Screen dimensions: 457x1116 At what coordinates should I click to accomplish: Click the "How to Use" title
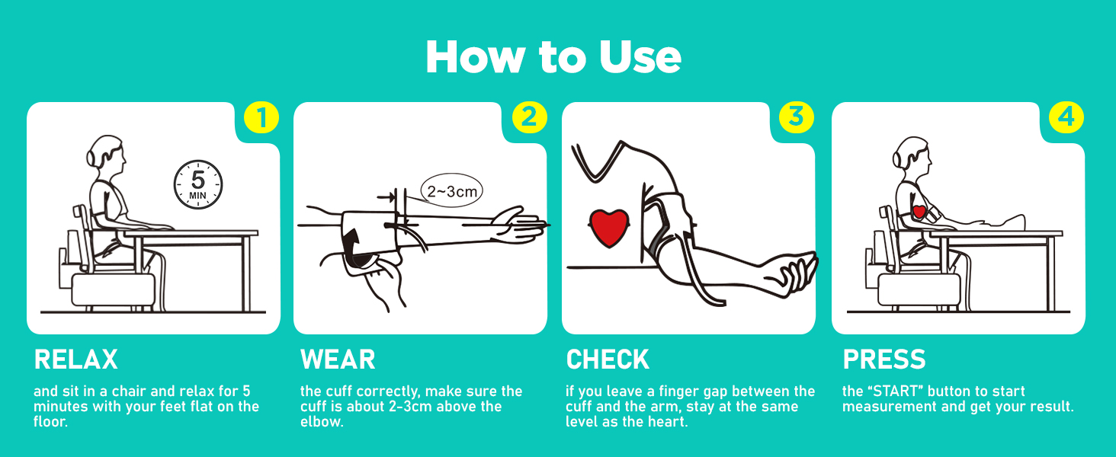(x=553, y=57)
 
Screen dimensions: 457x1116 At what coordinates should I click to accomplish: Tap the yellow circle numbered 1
(x=261, y=118)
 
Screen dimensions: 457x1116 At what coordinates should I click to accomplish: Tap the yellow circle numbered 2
(x=529, y=118)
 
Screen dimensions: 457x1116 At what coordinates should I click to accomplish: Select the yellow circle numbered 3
(x=797, y=118)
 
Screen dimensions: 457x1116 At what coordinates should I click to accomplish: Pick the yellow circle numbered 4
(x=1066, y=118)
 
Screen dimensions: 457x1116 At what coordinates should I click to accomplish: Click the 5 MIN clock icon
(x=198, y=184)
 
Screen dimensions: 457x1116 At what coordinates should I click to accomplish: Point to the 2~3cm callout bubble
(x=452, y=191)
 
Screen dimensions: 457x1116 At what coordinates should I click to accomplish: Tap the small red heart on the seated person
(x=919, y=211)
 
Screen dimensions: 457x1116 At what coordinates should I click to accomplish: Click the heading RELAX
(x=76, y=360)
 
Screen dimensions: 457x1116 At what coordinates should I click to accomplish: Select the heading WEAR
(x=338, y=360)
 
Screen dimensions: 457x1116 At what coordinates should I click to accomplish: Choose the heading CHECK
(x=608, y=360)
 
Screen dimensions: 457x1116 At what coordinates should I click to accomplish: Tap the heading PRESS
(x=884, y=360)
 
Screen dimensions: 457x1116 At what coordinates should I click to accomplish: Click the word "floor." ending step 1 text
(x=50, y=421)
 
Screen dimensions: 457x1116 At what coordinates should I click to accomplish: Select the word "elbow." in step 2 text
(x=322, y=421)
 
